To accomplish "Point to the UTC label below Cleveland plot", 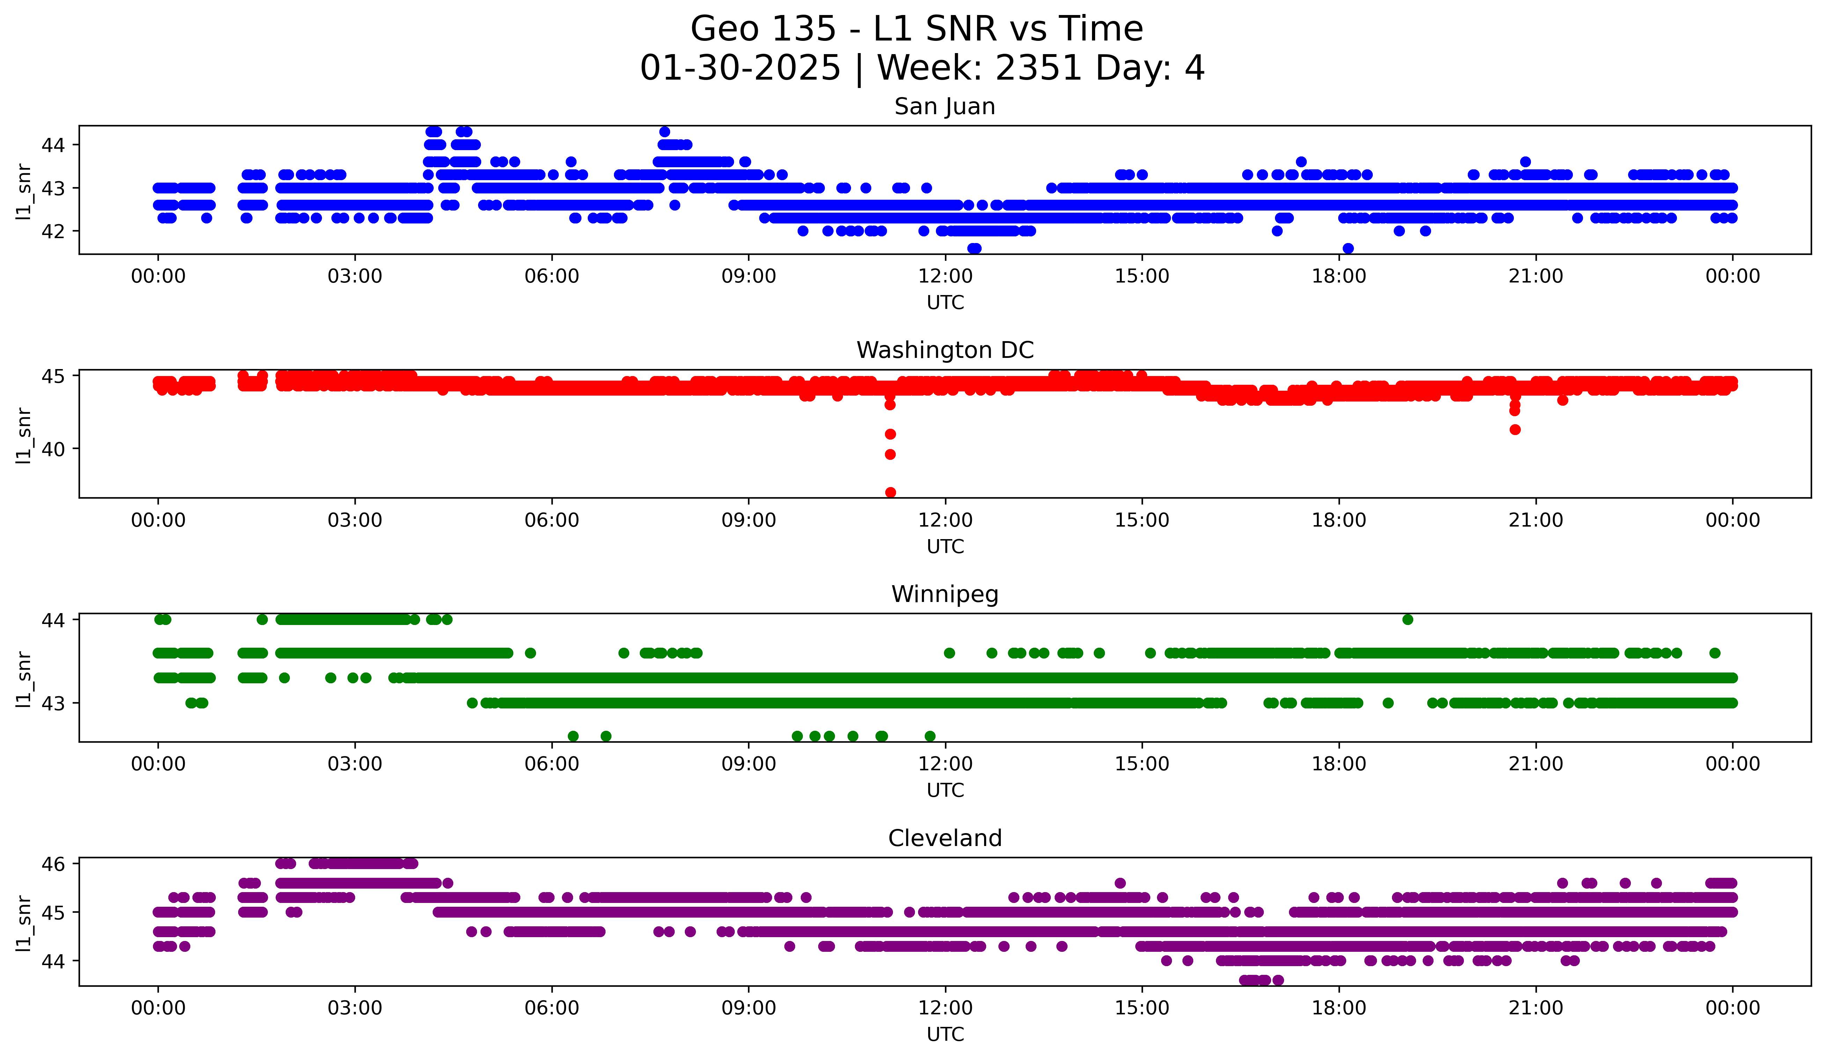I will point(945,1035).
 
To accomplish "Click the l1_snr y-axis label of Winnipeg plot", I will point(24,678).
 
